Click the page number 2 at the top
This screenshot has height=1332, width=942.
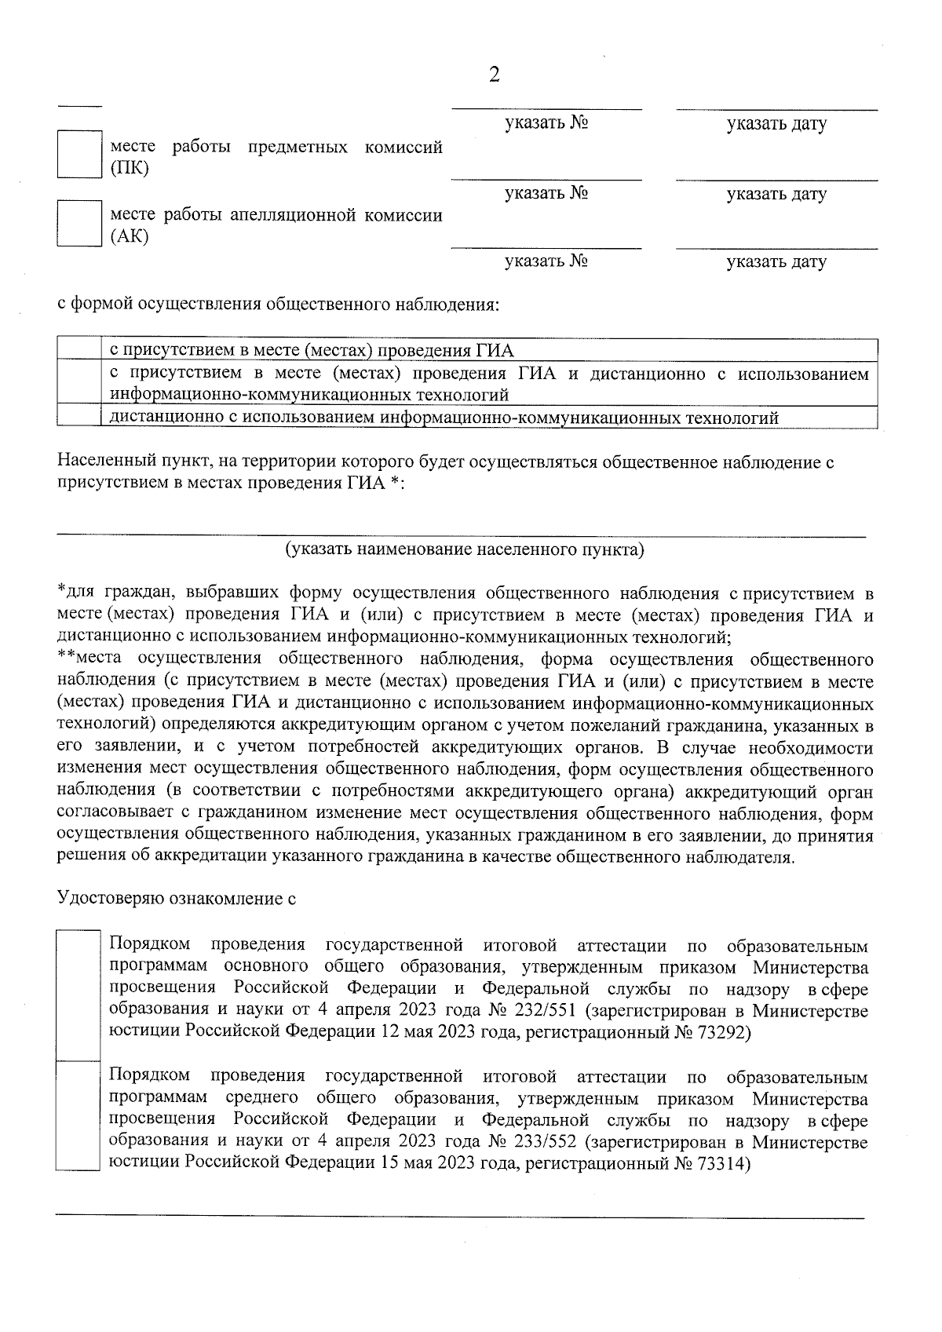click(494, 75)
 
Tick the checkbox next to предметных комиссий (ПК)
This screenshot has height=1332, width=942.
click(79, 155)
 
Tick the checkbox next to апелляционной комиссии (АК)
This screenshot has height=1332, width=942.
click(79, 224)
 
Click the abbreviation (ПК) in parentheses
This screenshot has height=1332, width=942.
click(130, 168)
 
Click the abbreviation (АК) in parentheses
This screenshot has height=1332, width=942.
click(130, 236)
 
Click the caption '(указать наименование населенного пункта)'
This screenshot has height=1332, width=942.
click(464, 549)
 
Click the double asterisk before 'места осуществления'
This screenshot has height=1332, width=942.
click(66, 657)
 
